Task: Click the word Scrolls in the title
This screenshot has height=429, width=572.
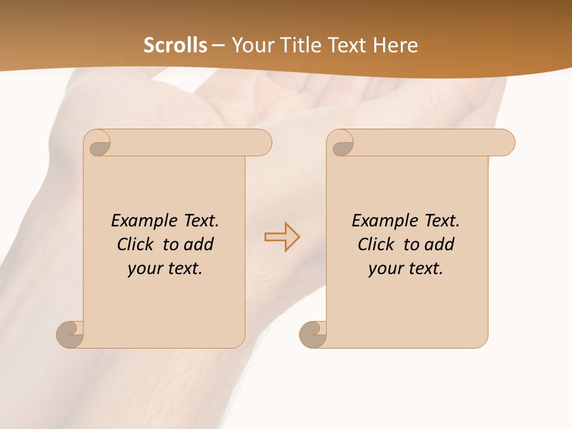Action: (175, 45)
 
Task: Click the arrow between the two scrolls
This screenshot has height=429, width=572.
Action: (282, 237)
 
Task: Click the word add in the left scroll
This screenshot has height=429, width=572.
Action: (198, 244)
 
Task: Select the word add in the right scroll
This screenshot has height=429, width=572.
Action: (439, 244)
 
